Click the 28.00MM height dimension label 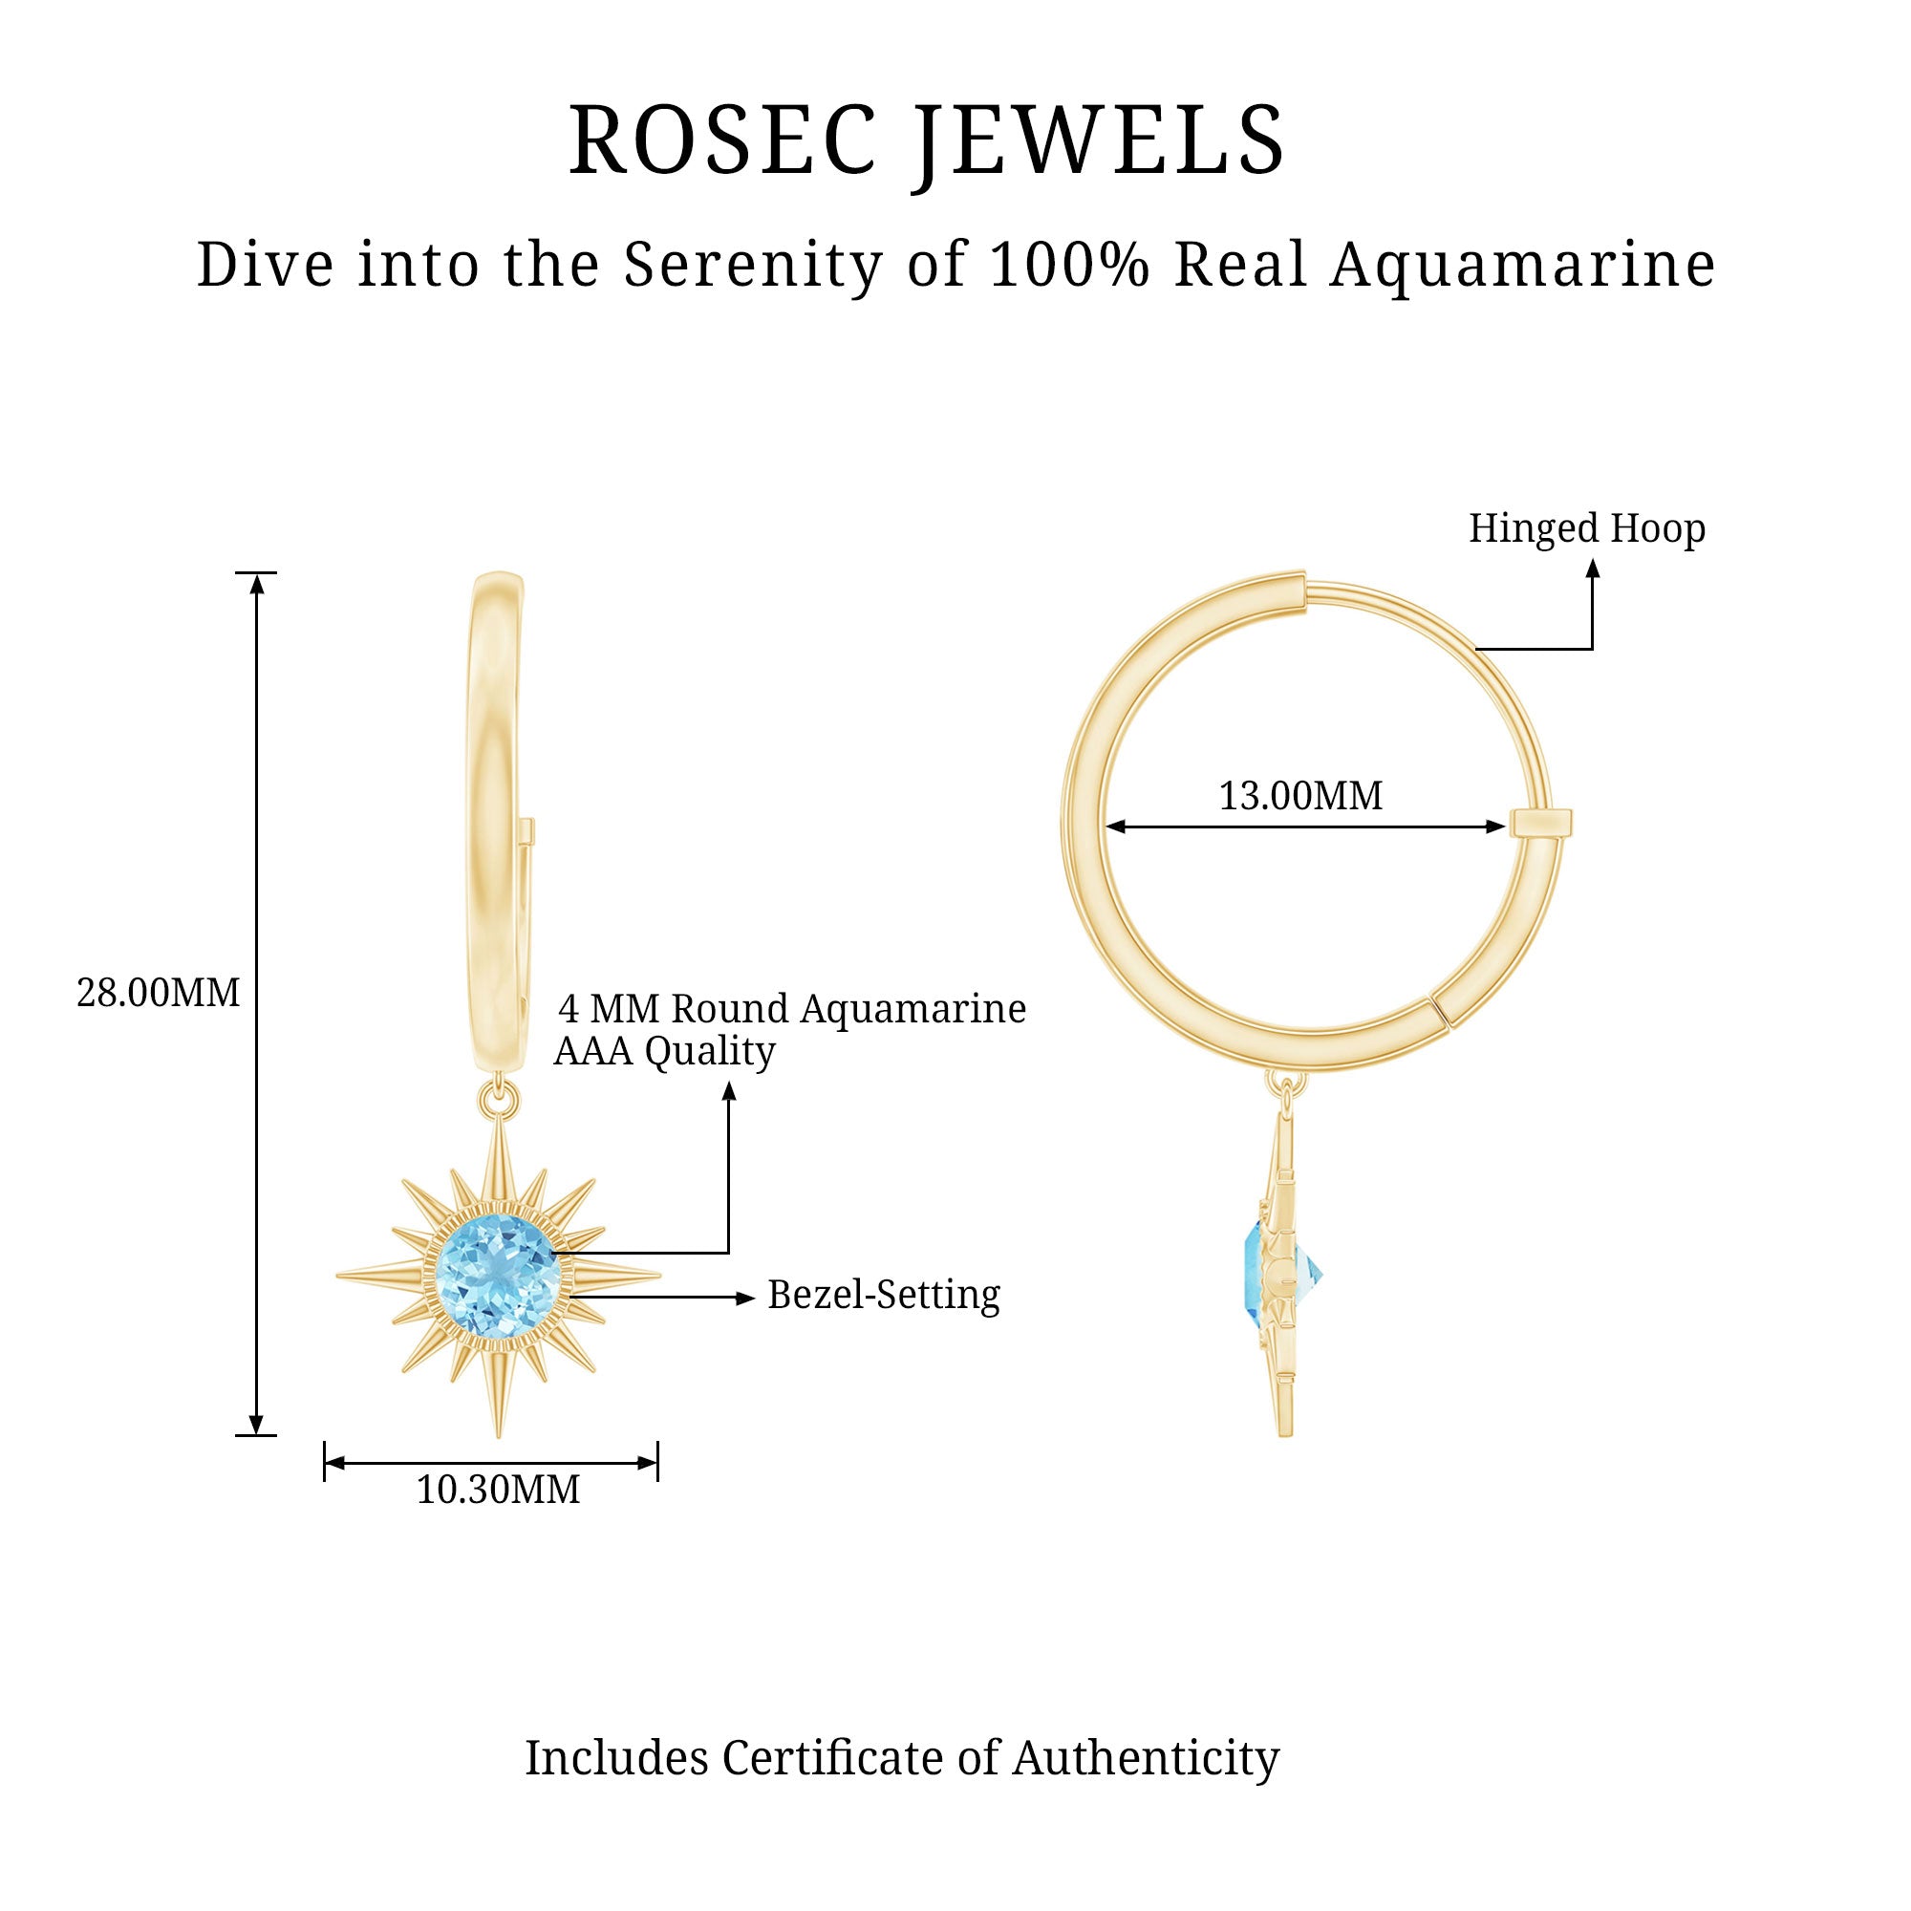tap(159, 993)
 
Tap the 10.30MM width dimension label tap(498, 1490)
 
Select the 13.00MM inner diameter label tap(1299, 796)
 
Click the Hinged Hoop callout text tap(1586, 528)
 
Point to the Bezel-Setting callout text tap(883, 1295)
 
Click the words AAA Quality tap(664, 1051)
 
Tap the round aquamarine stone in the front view tap(499, 1274)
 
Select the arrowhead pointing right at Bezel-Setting tap(746, 1298)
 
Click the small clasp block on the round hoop tap(1540, 823)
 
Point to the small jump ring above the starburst tap(499, 1097)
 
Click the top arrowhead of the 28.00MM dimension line tap(257, 584)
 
